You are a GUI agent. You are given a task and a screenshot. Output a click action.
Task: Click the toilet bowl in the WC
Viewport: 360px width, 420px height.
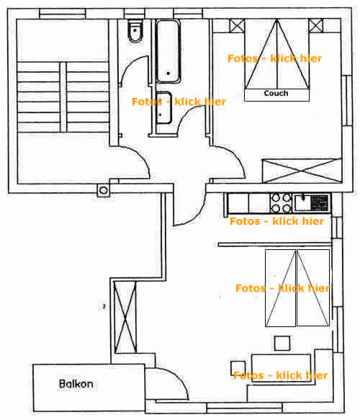pos(135,32)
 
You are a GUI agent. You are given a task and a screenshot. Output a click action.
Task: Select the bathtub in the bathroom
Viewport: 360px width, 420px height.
pos(168,51)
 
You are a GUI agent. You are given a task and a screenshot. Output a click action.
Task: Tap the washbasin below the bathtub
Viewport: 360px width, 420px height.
pos(163,108)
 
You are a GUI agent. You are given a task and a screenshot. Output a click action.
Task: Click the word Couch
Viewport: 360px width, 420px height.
pos(276,93)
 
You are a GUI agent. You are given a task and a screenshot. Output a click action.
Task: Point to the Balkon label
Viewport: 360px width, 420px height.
pos(76,384)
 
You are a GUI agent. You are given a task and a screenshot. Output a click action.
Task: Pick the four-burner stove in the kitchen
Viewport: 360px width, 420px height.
pos(281,202)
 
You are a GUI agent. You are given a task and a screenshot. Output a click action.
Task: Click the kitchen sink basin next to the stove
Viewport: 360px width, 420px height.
pos(302,202)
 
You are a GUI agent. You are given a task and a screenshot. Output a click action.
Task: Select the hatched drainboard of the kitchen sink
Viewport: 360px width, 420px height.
pos(319,202)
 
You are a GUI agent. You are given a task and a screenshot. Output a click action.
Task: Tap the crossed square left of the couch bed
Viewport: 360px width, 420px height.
pos(237,26)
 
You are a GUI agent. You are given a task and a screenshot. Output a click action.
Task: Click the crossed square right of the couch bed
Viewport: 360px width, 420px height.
pos(316,26)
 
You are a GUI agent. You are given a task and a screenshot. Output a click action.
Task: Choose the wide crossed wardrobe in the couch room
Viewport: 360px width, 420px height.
pos(302,171)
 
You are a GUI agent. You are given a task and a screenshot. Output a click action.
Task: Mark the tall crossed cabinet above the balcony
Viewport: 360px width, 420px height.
pos(125,317)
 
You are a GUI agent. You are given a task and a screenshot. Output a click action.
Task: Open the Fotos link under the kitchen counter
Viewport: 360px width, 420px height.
pos(277,221)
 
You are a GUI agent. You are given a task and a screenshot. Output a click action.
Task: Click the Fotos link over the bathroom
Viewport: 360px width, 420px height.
pos(179,102)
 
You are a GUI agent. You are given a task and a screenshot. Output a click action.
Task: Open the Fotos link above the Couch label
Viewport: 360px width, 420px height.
pos(274,58)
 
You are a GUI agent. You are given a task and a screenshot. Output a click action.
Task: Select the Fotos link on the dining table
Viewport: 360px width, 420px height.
pos(281,375)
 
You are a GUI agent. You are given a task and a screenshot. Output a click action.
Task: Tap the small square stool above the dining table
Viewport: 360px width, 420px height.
pos(282,343)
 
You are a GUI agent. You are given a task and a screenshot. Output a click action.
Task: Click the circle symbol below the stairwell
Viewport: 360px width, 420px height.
pos(103,190)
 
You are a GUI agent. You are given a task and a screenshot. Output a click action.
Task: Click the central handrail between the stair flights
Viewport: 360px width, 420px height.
pos(63,97)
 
